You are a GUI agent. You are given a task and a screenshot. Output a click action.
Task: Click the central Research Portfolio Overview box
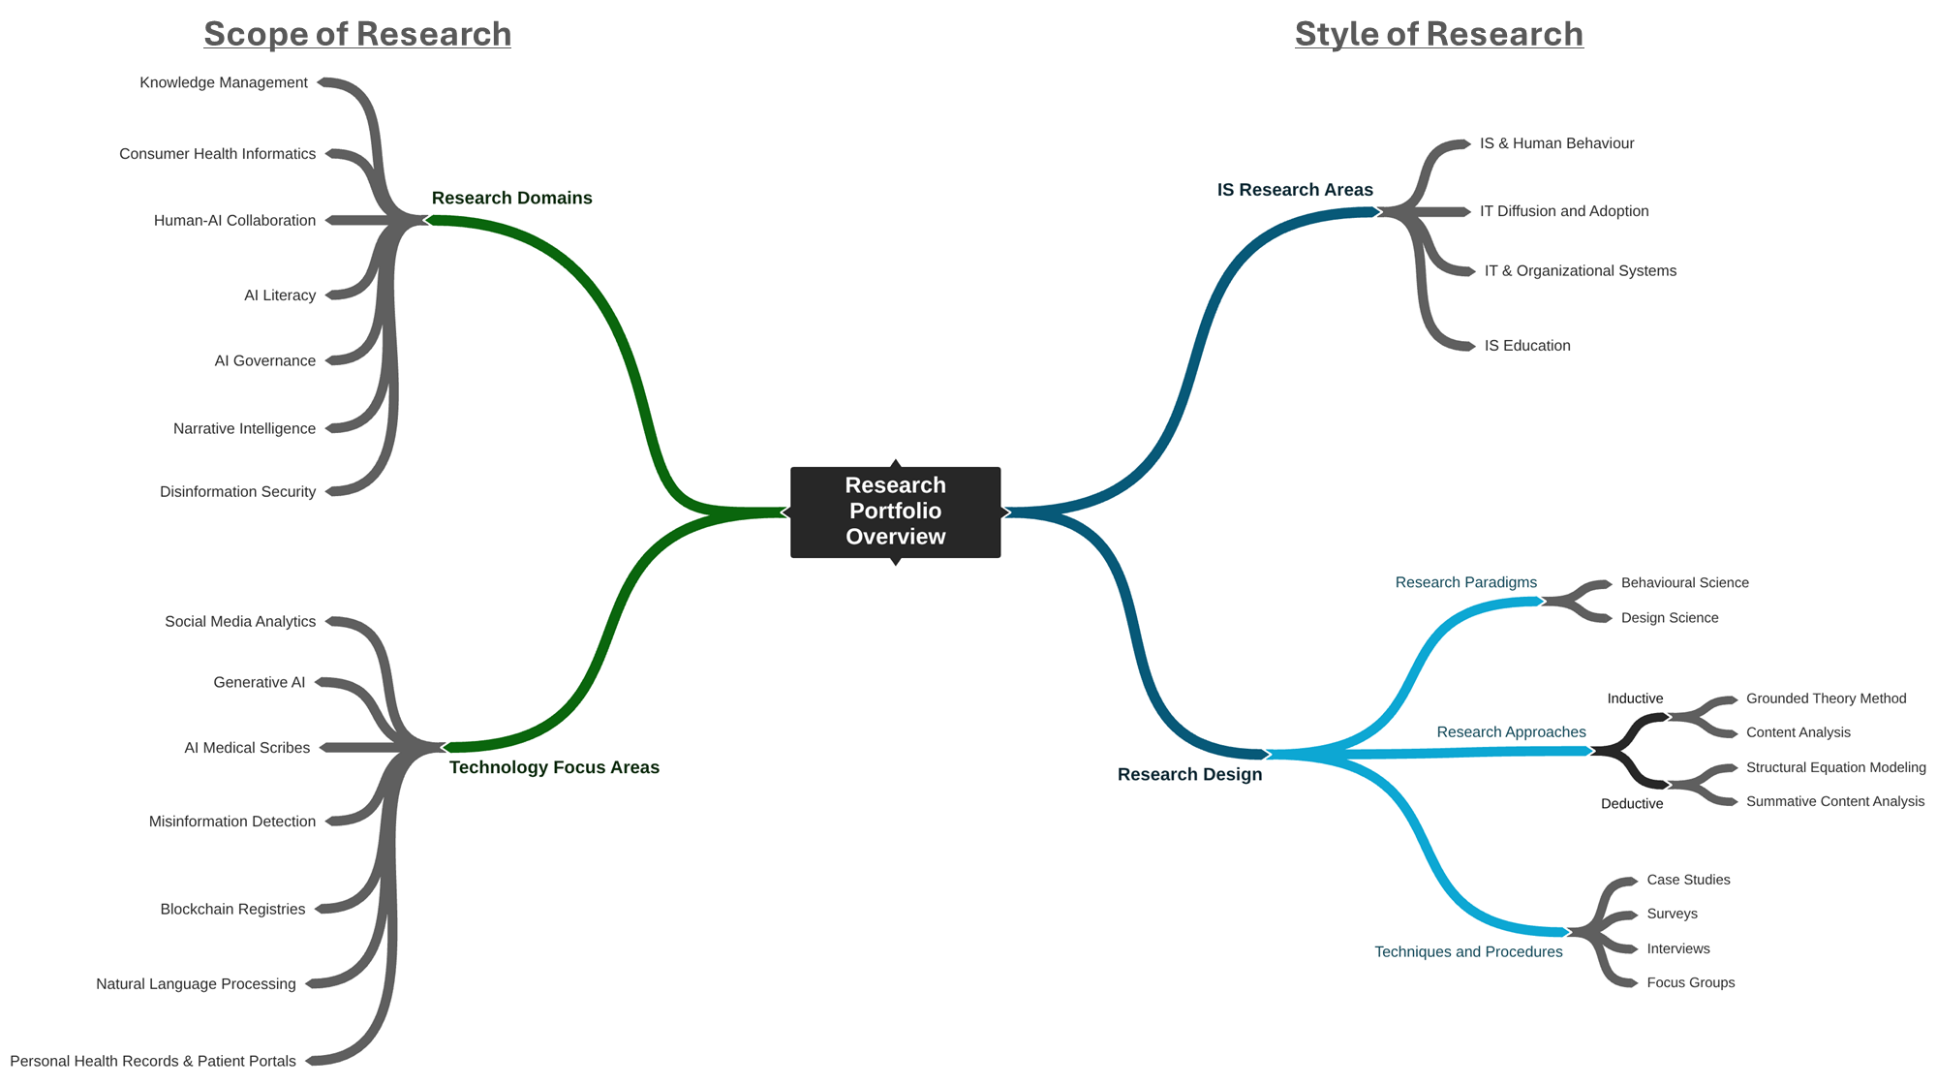coord(895,512)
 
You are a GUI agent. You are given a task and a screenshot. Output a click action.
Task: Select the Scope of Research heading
coord(356,34)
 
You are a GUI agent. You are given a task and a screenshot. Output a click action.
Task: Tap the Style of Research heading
coord(1438,34)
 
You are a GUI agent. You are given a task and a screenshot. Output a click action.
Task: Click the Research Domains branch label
coord(511,198)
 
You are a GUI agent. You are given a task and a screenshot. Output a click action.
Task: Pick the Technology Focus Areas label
coord(554,767)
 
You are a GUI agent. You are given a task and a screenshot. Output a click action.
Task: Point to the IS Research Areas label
coord(1295,190)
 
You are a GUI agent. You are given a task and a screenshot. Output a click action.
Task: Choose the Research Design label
coord(1189,774)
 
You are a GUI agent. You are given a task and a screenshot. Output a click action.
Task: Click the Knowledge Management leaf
coord(224,82)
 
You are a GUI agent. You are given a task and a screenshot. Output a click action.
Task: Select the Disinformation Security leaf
coord(237,492)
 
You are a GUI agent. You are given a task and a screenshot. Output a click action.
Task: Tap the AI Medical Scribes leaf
coord(247,748)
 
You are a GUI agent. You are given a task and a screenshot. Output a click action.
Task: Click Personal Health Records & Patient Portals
coord(153,1061)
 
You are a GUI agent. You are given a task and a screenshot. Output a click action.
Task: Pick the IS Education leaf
coord(1527,346)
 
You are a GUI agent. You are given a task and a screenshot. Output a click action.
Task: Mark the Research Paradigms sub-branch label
coord(1465,582)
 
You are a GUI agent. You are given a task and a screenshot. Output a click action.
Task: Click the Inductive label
coord(1635,698)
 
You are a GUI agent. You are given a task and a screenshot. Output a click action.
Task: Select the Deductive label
coord(1632,804)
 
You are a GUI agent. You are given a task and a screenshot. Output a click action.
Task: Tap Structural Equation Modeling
coord(1835,767)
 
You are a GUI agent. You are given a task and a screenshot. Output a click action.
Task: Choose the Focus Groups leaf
coord(1690,982)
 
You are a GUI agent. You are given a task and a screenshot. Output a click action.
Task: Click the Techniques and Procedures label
coord(1468,951)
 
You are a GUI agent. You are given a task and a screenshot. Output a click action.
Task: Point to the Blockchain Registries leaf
coord(232,909)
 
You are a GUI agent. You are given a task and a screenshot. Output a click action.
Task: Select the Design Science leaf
coord(1670,618)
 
